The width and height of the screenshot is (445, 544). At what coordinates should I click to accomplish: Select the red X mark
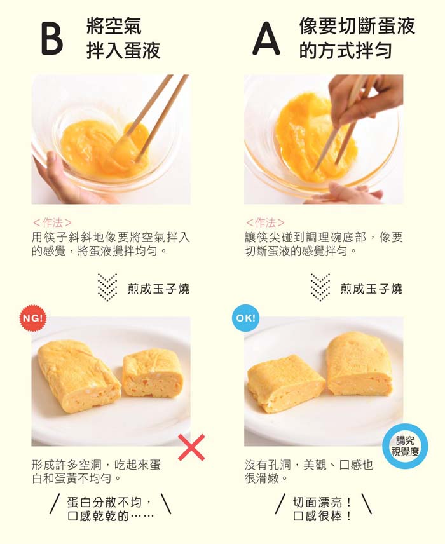click(x=191, y=447)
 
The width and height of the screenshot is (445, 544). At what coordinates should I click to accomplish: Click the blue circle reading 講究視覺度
click(x=404, y=446)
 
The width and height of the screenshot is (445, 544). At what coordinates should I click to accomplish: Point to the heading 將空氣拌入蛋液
click(x=123, y=38)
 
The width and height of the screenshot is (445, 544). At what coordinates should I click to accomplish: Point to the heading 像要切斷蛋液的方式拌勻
click(x=357, y=38)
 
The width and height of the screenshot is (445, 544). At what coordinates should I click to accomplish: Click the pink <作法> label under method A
click(x=265, y=222)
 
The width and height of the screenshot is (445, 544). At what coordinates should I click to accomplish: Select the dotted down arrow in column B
click(x=107, y=288)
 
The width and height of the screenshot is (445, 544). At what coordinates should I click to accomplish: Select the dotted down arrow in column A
click(x=320, y=288)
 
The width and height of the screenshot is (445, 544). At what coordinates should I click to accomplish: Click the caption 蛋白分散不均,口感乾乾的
click(x=111, y=509)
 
